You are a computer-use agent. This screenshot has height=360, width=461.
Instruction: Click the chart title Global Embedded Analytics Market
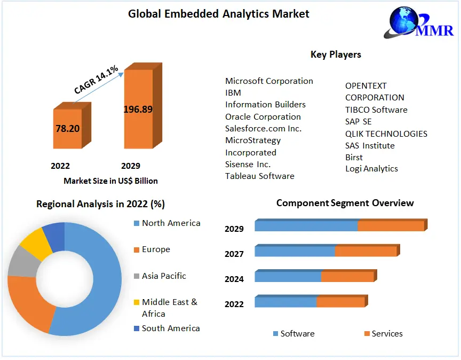218,14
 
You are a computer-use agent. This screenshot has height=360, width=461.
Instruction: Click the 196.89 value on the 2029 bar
138,109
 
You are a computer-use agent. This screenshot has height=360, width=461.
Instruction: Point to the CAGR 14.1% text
97,80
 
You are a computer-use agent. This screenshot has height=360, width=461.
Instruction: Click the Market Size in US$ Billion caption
110,181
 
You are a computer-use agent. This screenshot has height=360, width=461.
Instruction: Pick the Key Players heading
336,54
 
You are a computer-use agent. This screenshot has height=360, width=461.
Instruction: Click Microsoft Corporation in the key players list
269,81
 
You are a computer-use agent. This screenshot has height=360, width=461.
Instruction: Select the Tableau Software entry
259,176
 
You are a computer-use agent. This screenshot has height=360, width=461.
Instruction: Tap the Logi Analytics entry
371,169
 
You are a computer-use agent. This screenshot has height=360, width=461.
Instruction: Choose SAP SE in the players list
358,122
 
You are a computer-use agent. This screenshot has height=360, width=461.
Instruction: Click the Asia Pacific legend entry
164,276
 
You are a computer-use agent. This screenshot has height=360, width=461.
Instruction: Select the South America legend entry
170,328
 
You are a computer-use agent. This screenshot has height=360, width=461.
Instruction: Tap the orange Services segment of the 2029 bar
391,226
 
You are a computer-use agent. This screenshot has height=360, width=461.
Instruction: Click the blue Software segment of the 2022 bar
285,302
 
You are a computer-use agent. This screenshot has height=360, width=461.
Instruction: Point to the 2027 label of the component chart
234,254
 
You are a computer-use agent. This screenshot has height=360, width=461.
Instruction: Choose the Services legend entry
387,334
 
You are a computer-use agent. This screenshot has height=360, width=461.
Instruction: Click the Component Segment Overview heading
345,203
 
